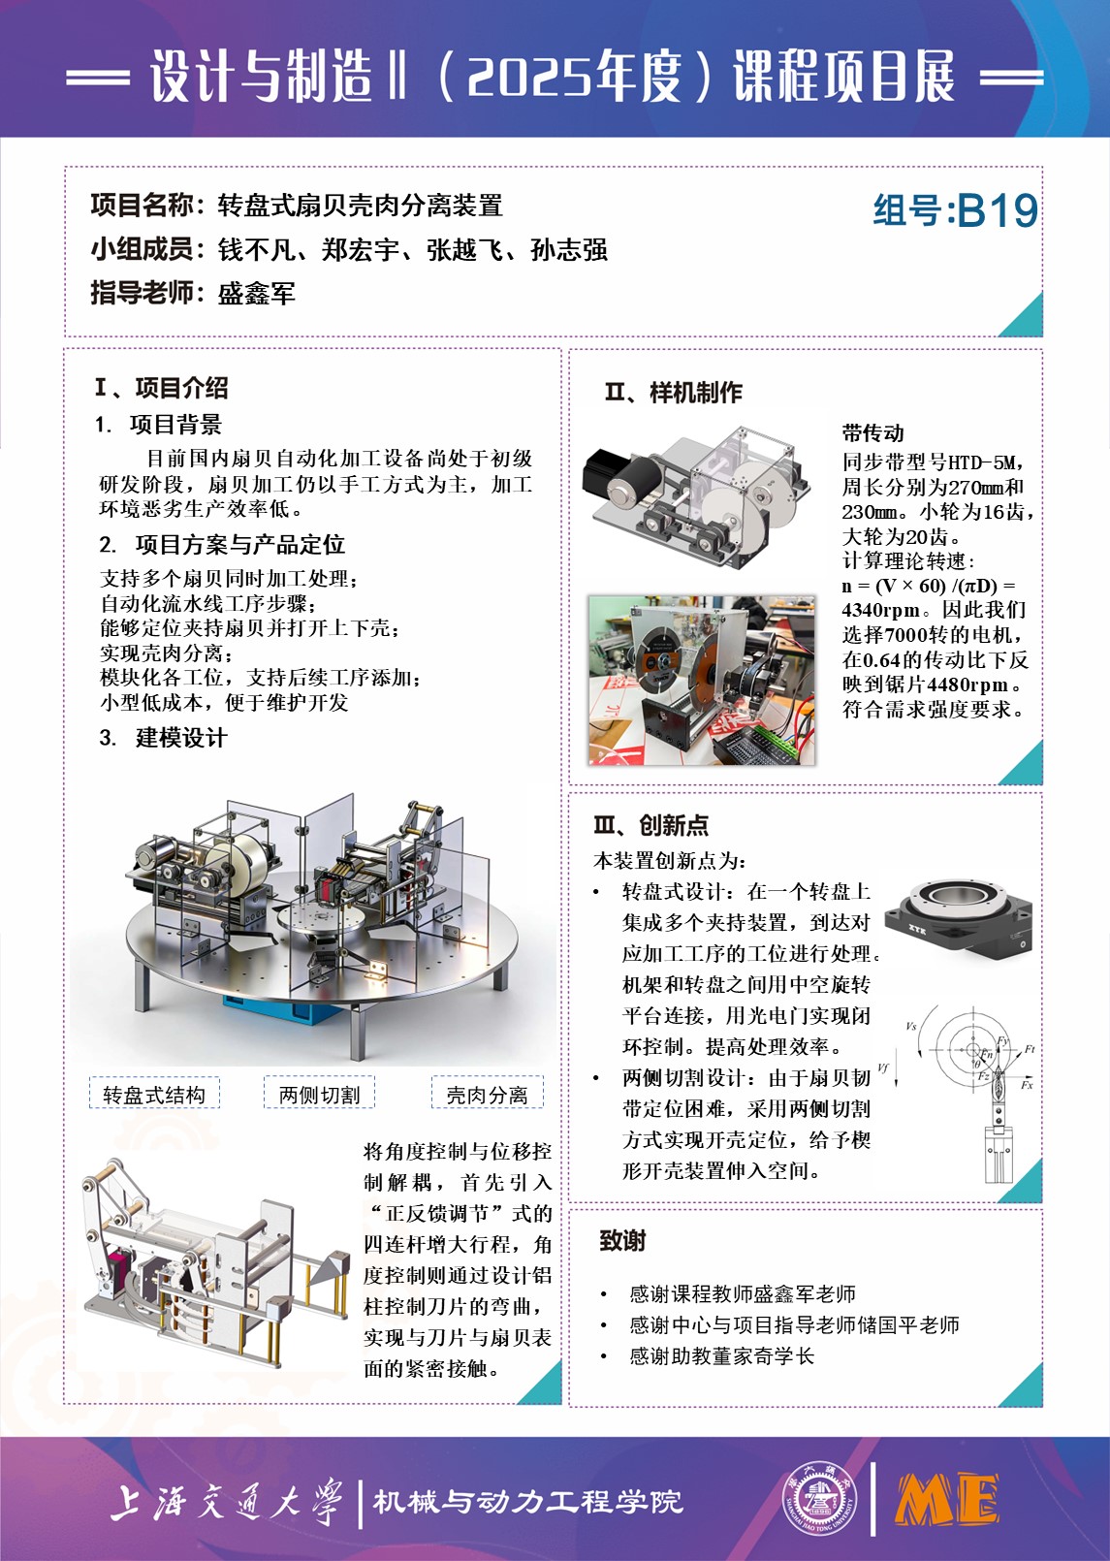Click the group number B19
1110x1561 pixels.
998,211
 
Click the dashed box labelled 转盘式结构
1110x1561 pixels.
154,1095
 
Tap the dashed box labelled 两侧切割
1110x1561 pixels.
319,1094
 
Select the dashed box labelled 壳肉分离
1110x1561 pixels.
487,1094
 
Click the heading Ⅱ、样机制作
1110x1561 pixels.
673,393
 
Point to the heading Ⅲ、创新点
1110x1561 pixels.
650,825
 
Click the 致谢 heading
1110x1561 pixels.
622,1241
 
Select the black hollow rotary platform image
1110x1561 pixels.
958,919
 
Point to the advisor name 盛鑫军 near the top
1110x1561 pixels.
257,294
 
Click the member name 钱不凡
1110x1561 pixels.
257,250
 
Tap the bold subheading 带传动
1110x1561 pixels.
873,433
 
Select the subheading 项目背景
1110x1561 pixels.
175,425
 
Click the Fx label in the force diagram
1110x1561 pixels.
1027,1085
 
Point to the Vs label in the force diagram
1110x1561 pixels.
910,1026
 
